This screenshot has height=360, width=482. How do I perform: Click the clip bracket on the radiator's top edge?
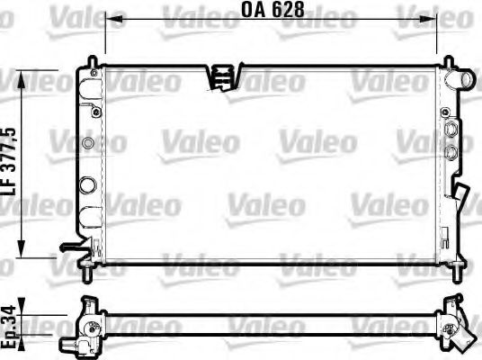(222, 76)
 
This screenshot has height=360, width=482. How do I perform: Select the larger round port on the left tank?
(87, 185)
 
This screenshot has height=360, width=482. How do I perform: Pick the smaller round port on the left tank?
(87, 143)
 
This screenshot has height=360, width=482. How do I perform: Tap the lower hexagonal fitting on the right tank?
(451, 150)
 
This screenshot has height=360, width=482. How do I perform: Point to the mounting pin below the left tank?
(84, 266)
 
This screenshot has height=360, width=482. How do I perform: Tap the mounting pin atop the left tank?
(91, 61)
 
